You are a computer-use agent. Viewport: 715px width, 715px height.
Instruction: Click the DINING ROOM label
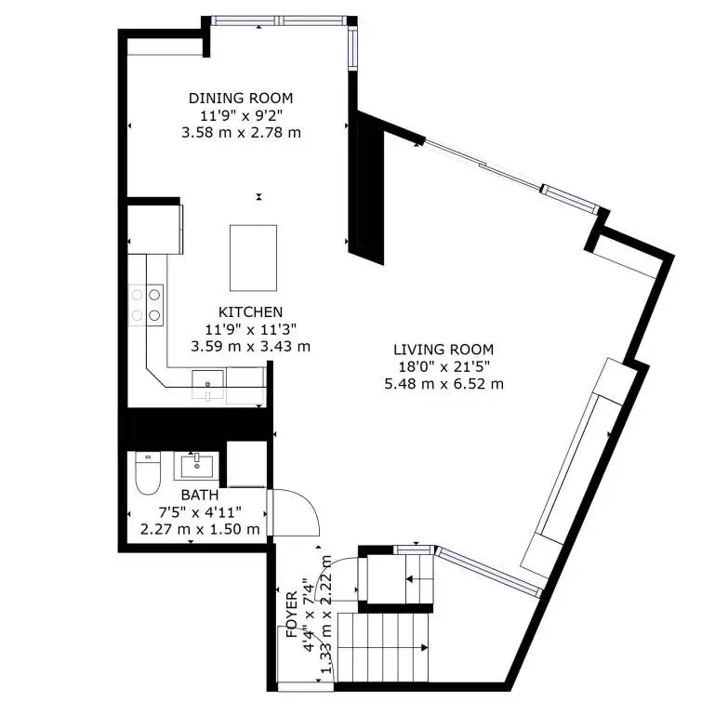[241, 98]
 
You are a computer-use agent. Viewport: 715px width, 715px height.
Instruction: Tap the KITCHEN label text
[250, 311]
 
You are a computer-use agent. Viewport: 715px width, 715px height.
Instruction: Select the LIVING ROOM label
[444, 350]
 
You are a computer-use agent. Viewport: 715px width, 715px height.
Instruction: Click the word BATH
[200, 495]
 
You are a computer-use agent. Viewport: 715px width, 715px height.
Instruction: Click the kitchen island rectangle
[253, 258]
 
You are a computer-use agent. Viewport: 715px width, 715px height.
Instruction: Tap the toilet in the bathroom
[148, 474]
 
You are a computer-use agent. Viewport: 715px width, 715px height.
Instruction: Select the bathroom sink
[196, 466]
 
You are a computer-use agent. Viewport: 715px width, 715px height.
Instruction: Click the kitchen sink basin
[208, 384]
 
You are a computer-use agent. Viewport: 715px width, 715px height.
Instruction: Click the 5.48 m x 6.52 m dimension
[444, 384]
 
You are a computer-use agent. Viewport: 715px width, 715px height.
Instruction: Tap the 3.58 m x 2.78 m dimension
[241, 133]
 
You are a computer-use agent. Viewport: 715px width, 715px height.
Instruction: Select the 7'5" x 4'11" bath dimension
[200, 512]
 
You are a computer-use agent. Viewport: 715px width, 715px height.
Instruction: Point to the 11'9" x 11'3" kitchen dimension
[250, 329]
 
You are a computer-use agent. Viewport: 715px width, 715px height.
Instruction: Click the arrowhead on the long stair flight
[425, 647]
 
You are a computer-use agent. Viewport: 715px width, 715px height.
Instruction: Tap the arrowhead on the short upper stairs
[409, 579]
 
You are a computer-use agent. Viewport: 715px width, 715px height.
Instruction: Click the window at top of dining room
[279, 20]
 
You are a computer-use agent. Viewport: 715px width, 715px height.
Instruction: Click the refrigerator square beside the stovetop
[155, 230]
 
